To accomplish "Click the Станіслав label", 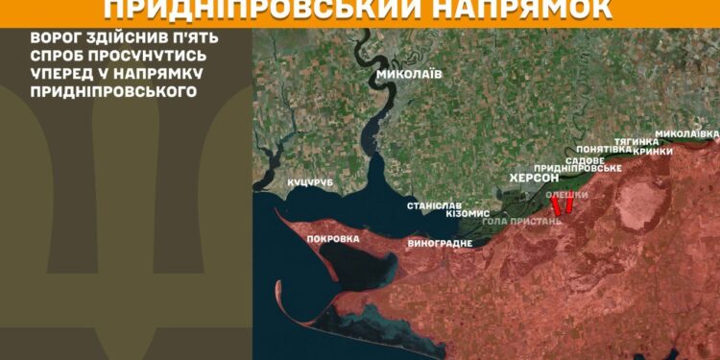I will point(435,206).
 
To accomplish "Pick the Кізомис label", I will point(468,213).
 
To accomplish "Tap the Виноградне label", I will point(440,243).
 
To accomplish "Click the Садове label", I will point(585,159).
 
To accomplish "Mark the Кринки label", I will point(652,151).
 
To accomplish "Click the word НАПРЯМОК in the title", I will point(522,10).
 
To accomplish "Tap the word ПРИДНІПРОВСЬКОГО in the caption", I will point(112,91).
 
